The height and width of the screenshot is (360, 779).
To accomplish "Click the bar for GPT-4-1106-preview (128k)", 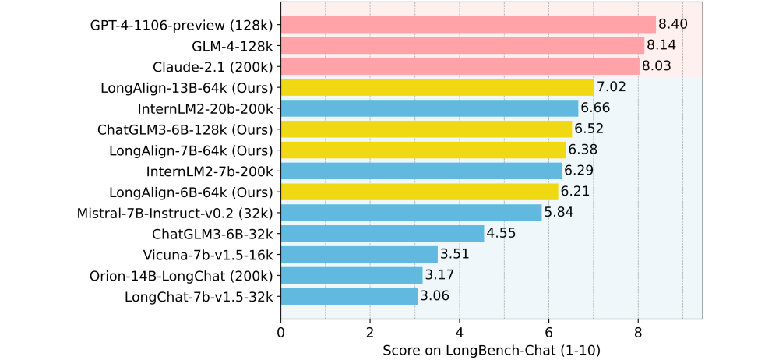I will pos(467,25).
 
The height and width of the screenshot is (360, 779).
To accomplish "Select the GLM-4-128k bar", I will pos(462,46).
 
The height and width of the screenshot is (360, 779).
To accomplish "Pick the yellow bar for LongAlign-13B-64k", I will pos(437,87).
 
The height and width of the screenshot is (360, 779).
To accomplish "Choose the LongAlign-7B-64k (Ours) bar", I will pos(423,150).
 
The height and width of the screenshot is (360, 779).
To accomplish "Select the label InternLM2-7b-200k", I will pos(210,171).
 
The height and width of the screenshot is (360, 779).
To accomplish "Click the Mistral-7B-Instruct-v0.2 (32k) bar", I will pos(411,212).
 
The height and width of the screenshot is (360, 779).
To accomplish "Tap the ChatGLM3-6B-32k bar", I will pos(382,233).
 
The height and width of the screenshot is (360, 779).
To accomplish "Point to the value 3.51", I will pos(455,254).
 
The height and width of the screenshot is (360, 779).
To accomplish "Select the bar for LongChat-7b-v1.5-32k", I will pos(349,296).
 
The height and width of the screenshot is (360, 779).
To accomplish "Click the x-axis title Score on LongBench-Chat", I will pos(491,350).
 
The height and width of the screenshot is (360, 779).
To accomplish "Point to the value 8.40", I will pos(673,25).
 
